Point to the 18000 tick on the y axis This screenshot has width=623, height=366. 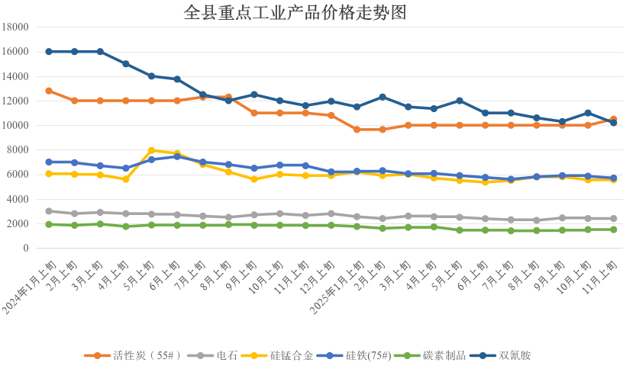click(x=16, y=27)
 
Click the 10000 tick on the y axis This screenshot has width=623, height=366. click(x=16, y=125)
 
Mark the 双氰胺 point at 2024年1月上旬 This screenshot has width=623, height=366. click(x=49, y=51)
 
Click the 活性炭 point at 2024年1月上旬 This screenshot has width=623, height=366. click(x=49, y=91)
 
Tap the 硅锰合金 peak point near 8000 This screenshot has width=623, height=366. click(x=151, y=150)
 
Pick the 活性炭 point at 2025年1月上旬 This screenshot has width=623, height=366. click(x=357, y=130)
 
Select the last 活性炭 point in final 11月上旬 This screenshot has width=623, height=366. click(x=613, y=119)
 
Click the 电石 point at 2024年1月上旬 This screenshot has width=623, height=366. click(x=49, y=211)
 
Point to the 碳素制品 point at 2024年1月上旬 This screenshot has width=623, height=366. click(x=49, y=224)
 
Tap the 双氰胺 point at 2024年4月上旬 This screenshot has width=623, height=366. click(x=126, y=63)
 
